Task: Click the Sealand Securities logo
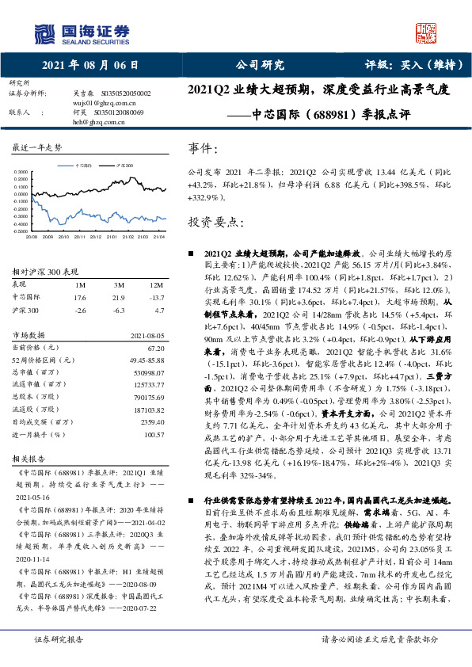click(x=80, y=33)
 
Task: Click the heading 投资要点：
click(x=213, y=223)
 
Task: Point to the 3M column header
click(x=119, y=284)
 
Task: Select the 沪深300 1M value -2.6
click(x=79, y=311)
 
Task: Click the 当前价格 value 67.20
click(x=154, y=347)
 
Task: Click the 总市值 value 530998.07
click(x=148, y=372)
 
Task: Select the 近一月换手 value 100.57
click(x=153, y=435)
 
